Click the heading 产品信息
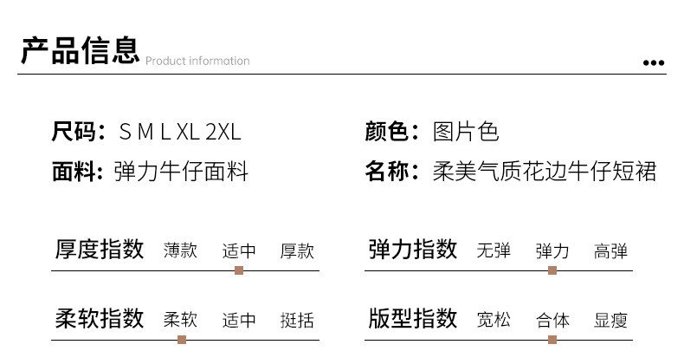(81, 50)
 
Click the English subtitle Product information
(197, 61)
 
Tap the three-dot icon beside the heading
(654, 63)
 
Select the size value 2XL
(223, 132)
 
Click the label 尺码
(74, 132)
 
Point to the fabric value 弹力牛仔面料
(181, 171)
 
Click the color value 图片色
(466, 132)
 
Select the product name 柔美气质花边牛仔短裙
(545, 171)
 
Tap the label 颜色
(387, 132)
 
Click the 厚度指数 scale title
(100, 250)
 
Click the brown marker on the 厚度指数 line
(239, 270)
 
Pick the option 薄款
(180, 250)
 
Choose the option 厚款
(297, 251)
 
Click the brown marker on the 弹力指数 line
(552, 270)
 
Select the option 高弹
(610, 251)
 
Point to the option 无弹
(494, 250)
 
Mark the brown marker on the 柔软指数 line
(182, 340)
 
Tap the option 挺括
(297, 320)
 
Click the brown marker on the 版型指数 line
(552, 340)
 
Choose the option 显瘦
(610, 320)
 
